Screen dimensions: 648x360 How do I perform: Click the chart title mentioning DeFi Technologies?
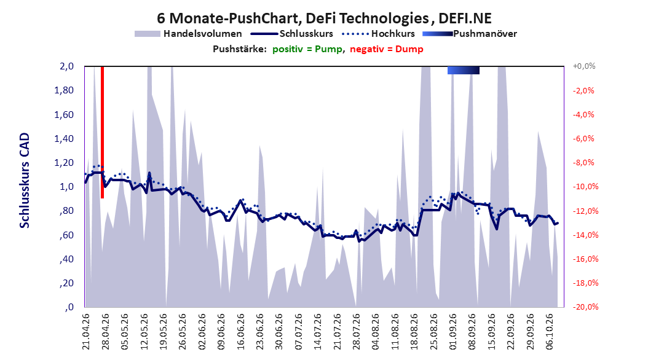pos(324,18)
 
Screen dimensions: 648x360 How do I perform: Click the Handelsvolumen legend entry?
pos(189,34)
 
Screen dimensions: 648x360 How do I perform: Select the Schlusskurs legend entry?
pos(292,34)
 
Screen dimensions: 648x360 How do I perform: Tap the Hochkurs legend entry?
pos(378,34)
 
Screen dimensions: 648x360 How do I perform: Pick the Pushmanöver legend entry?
pos(470,34)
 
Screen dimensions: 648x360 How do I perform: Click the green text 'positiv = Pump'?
pos(307,49)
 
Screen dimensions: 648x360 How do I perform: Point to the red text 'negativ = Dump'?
pos(387,49)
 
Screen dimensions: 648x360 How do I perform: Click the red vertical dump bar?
pos(102,132)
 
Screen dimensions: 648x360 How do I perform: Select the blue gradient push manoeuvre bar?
pos(464,70)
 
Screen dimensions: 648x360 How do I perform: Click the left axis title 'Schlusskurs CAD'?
pos(25,180)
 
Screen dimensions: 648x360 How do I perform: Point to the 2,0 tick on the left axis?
pos(66,66)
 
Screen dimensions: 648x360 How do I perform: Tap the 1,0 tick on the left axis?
pos(66,187)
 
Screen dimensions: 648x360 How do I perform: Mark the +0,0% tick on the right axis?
pos(584,66)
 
